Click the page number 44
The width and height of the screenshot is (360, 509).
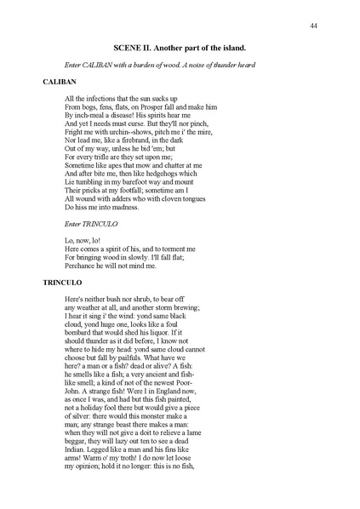tap(313, 26)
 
